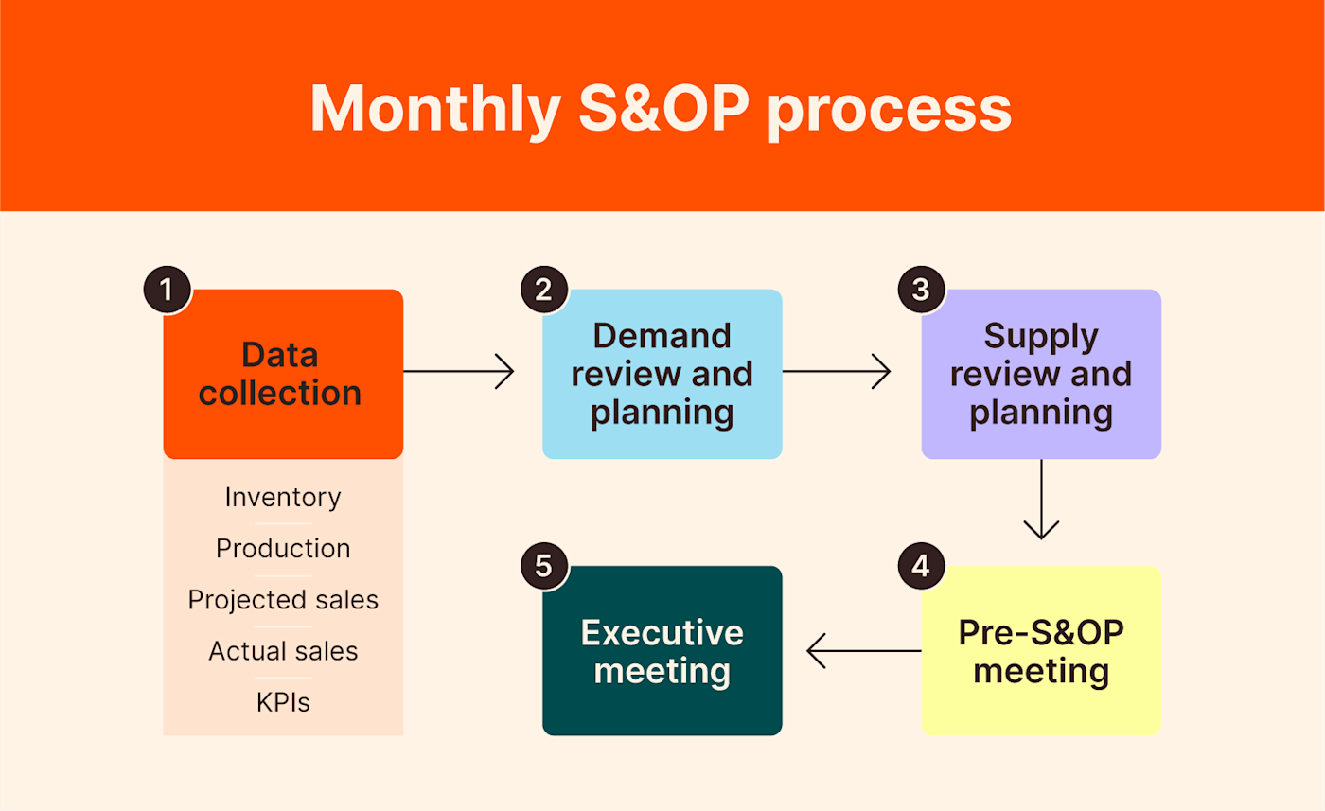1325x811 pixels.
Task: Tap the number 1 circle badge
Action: pyautogui.click(x=168, y=290)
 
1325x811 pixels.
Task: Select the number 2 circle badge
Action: pyautogui.click(x=544, y=290)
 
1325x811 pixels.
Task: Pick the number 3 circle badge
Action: pyautogui.click(x=921, y=290)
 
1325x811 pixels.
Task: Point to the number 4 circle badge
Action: pyautogui.click(x=921, y=567)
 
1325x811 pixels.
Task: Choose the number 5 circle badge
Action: pyautogui.click(x=544, y=567)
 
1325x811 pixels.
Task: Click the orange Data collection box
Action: pyautogui.click(x=283, y=374)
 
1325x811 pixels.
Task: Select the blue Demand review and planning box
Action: pyautogui.click(x=662, y=374)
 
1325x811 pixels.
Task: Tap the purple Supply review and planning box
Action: pyautogui.click(x=1041, y=374)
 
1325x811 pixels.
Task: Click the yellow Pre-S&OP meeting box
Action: pyautogui.click(x=1041, y=651)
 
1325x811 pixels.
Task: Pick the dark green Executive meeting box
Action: pyautogui.click(x=662, y=651)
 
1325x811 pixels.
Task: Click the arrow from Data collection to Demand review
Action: pyautogui.click(x=459, y=372)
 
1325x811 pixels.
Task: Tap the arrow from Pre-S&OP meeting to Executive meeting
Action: pyautogui.click(x=863, y=651)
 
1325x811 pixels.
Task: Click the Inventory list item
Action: pyautogui.click(x=283, y=497)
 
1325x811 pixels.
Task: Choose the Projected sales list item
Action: pyautogui.click(x=283, y=600)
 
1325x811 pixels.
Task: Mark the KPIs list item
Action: pyautogui.click(x=283, y=703)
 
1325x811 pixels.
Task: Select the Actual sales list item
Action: pyautogui.click(x=283, y=651)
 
